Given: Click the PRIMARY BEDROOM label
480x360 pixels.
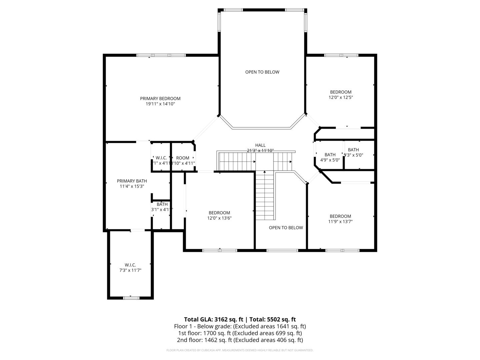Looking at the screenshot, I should (x=160, y=98).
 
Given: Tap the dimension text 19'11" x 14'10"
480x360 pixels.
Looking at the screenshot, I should (x=160, y=104).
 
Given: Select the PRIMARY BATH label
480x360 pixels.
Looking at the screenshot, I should (x=132, y=181).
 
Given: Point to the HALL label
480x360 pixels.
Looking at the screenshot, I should (x=260, y=145).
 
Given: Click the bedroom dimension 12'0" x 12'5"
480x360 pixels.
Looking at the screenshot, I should (x=341, y=98).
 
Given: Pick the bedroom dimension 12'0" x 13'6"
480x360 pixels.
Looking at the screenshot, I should (x=219, y=218).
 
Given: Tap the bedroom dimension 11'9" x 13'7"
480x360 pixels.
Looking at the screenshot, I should (x=340, y=222).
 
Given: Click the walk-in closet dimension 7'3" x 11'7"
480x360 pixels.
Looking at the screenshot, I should (x=130, y=270).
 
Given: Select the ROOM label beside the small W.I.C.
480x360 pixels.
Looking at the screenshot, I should (x=183, y=158).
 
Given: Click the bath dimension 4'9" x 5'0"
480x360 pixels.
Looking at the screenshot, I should (x=330, y=160).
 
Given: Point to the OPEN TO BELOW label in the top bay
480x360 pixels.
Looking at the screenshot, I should (x=262, y=72).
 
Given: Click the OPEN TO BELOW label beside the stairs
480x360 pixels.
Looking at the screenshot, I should (x=286, y=228).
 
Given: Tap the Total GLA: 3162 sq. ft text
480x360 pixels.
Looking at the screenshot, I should (x=213, y=319).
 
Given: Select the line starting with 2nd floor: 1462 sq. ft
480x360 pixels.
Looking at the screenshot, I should (x=240, y=340).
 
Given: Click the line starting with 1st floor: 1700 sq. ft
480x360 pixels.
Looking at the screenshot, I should (x=240, y=333).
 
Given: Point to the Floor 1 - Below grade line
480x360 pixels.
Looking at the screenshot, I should (x=240, y=326).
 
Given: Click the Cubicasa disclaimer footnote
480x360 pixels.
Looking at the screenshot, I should (x=240, y=350).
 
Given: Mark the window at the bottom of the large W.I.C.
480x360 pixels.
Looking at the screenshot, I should (x=131, y=298).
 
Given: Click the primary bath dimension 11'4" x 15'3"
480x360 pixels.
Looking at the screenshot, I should (x=132, y=187).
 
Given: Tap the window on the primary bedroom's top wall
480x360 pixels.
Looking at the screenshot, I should (x=161, y=55).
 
